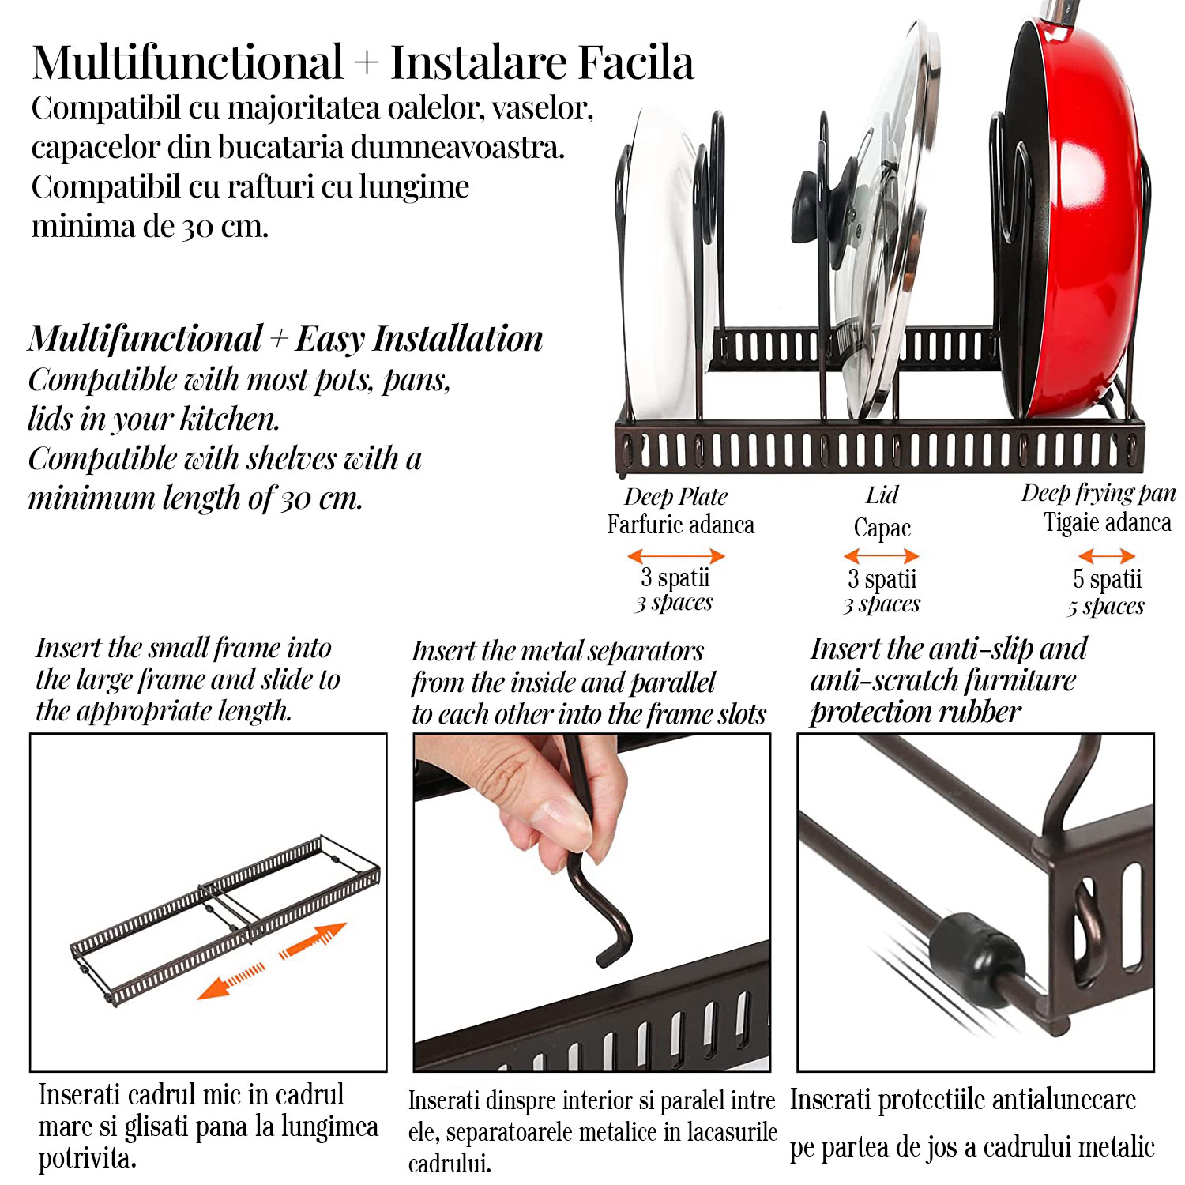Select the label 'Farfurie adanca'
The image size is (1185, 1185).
tap(680, 525)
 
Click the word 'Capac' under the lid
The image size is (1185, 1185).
tap(882, 527)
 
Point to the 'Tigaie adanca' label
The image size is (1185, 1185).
tap(1107, 522)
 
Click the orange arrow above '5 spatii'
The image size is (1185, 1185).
tap(1107, 556)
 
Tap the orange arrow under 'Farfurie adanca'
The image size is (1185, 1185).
tap(676, 556)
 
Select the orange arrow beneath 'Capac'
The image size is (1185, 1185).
tap(882, 556)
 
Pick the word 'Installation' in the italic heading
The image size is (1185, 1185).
tap(458, 339)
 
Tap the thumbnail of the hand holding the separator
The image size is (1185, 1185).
tap(592, 902)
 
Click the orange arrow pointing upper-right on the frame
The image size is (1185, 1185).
tap(314, 940)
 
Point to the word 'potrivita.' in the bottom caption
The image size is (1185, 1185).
tap(88, 1159)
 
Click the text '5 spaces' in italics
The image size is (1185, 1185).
tap(1105, 607)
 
